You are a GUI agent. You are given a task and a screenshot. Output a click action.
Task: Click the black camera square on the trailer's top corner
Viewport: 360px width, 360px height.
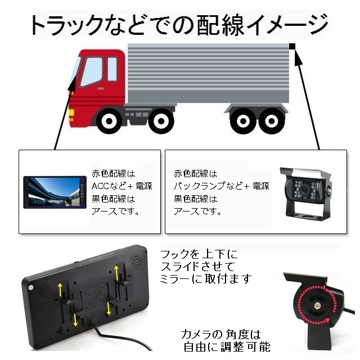292,46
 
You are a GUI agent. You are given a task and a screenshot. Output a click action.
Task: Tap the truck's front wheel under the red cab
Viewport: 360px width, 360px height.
109,121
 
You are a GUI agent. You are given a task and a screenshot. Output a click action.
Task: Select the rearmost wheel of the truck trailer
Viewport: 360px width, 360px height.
272,121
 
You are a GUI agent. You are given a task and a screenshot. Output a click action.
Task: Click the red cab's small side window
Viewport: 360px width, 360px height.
112,69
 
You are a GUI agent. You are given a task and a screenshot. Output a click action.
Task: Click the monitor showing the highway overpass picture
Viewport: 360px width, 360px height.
55,192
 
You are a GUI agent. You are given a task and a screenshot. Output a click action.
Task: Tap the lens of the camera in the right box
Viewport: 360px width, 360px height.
305,190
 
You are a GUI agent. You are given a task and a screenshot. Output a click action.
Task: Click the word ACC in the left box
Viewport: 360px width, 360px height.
100,186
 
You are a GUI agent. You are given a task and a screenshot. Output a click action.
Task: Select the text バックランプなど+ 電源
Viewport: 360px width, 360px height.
221,186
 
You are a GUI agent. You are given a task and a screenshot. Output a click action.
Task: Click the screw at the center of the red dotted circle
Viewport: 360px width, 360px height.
318,305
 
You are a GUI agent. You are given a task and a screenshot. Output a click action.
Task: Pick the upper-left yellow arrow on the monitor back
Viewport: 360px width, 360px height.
60,289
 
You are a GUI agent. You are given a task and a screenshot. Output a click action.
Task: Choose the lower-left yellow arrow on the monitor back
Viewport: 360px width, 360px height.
75,320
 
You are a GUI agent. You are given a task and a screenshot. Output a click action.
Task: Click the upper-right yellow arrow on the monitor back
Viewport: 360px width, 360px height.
116,273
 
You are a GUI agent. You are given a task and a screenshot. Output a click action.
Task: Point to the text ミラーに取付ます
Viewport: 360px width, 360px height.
205,279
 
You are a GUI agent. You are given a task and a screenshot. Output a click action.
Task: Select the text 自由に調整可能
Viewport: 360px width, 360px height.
227,346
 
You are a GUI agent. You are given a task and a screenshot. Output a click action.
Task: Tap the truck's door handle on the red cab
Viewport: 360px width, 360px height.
100,88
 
